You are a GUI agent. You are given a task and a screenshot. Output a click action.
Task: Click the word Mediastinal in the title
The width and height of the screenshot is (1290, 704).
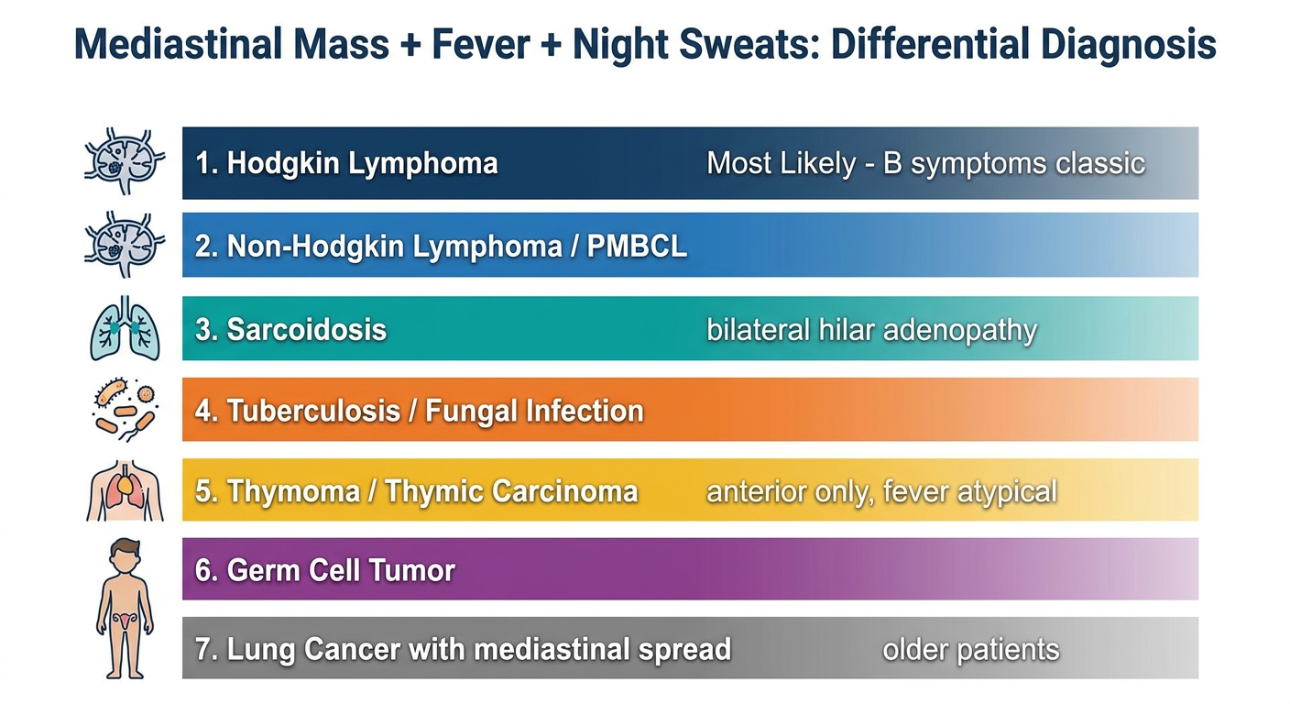point(178,44)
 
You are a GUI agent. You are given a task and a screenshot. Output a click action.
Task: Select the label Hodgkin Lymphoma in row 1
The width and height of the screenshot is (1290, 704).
point(362,163)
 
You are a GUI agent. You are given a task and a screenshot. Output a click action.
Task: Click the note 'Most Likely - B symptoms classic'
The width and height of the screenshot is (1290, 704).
point(925,163)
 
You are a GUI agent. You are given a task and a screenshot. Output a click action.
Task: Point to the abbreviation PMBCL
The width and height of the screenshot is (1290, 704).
point(637,246)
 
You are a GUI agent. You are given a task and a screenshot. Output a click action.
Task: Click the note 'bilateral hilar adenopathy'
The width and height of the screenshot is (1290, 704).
point(872,330)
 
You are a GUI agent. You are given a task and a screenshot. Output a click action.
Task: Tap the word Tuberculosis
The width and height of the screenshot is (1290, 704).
point(314,411)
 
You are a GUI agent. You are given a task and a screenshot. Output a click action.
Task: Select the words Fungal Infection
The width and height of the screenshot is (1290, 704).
point(534,411)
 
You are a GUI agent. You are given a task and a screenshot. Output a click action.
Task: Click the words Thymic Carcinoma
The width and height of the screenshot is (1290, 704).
point(511,491)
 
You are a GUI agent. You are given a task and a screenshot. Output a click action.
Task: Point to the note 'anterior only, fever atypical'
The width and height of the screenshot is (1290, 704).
point(881,492)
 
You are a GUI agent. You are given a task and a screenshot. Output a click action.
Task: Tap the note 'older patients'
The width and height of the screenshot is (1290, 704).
point(971,650)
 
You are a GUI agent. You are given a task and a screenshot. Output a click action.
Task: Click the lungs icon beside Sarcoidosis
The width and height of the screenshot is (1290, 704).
point(125,328)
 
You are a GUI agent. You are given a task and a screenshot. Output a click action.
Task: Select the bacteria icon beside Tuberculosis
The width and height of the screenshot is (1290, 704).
point(125,410)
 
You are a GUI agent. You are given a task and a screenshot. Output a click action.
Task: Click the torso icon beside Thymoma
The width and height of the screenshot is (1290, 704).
point(125,490)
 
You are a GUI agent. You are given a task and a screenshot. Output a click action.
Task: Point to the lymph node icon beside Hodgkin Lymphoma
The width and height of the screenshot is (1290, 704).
point(125,160)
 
